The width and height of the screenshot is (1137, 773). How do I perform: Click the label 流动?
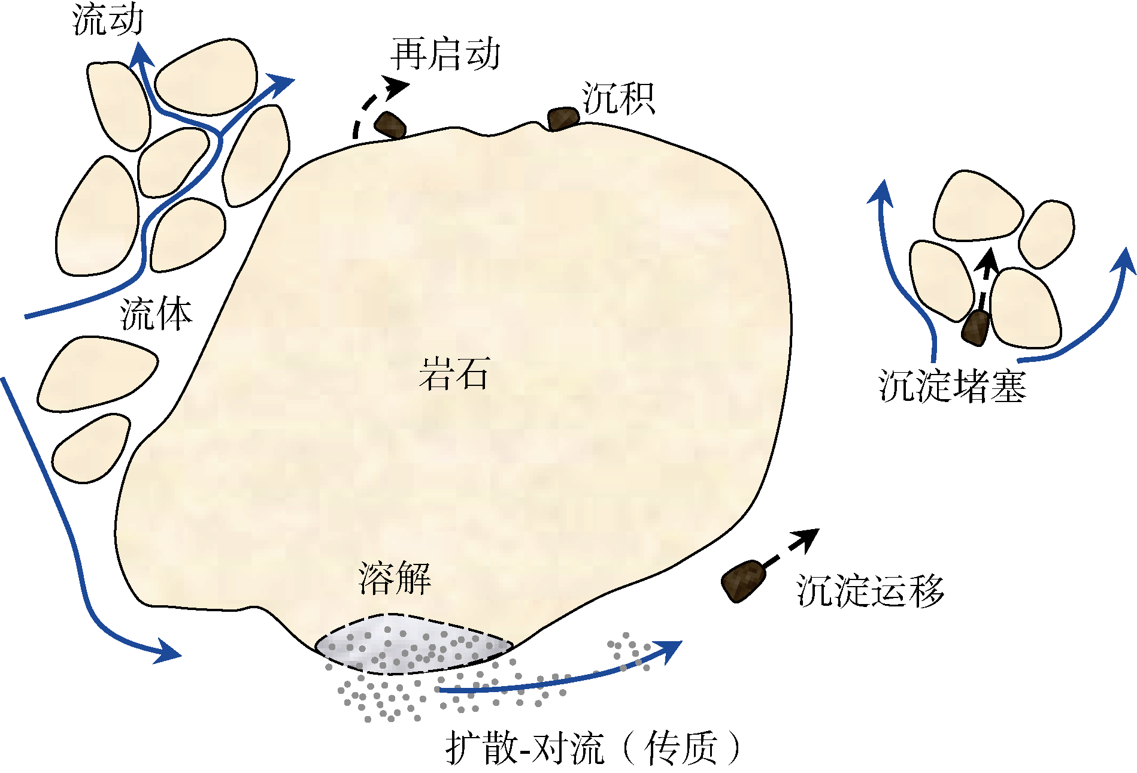108,19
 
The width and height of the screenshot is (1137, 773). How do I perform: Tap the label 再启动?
445,55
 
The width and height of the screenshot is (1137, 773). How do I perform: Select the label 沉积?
618,99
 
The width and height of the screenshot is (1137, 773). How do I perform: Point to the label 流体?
156,315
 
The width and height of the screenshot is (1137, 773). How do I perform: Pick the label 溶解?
395,579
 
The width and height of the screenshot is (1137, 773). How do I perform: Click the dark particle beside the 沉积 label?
563,119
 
